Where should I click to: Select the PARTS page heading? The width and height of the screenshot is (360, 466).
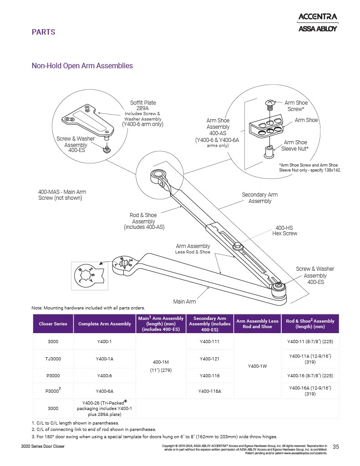pos(43,32)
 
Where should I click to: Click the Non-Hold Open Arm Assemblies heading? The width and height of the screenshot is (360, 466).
pos(82,66)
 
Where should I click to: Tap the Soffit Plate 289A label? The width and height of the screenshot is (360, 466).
pos(143,106)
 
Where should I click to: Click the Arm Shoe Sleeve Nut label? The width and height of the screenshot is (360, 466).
pos(296,145)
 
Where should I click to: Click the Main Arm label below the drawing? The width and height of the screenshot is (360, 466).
pos(184,301)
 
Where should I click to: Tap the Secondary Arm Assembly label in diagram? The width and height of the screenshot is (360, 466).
pos(259,198)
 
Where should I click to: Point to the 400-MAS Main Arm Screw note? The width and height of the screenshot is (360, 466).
pos(60,195)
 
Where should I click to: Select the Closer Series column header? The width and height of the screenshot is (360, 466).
pos(53,324)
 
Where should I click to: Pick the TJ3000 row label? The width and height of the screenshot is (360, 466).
pos(53,359)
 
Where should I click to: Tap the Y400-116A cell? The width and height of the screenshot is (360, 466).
pos(210,391)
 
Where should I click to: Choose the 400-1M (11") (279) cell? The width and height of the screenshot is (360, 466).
pos(161,365)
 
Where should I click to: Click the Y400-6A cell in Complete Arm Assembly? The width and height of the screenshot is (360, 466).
pos(105,391)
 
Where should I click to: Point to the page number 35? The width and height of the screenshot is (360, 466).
pos(336,446)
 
